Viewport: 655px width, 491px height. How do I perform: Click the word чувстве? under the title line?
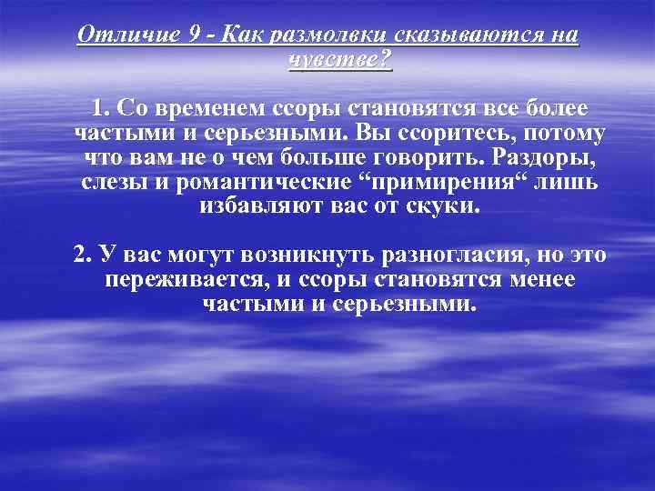pyautogui.click(x=340, y=60)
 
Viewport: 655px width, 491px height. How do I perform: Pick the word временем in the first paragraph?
pyautogui.click(x=215, y=109)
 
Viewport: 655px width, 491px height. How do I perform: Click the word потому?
pyautogui.click(x=565, y=134)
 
